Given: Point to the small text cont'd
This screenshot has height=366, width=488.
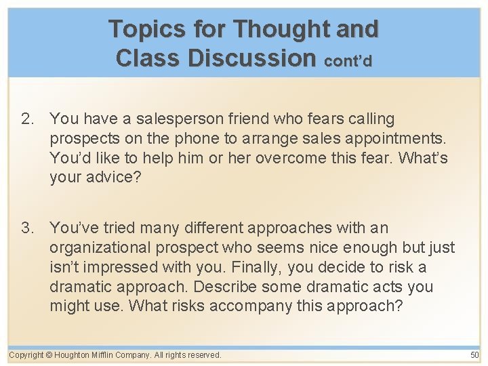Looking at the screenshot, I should coord(348,60).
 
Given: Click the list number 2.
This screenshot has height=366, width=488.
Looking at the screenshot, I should coord(26,119).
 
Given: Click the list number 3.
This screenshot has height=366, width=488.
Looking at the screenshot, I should coord(26,228).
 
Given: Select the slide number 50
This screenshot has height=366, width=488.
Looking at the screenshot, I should coord(474,355).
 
